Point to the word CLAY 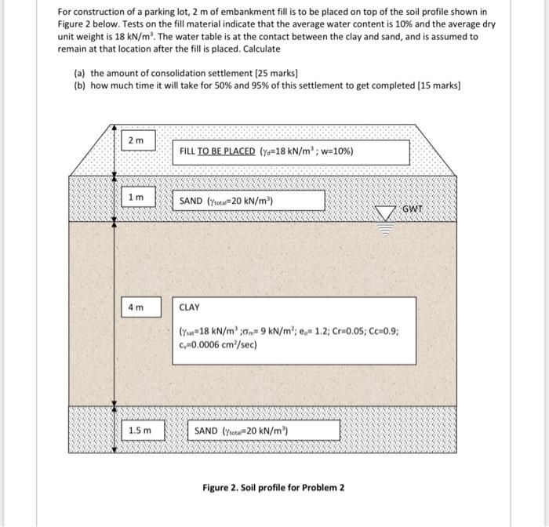coord(190,308)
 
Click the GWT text coord(413,209)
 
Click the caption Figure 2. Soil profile coord(273,487)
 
